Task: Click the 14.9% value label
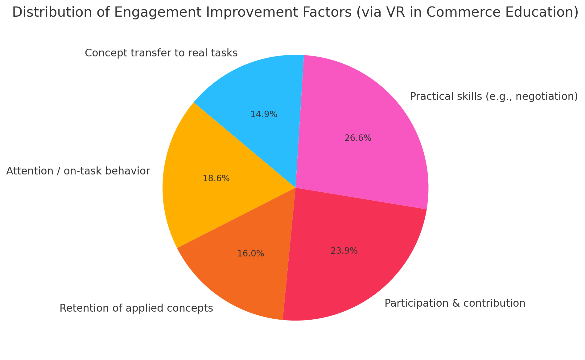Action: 264,115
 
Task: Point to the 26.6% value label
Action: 358,138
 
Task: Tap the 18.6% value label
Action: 216,178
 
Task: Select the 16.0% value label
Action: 251,254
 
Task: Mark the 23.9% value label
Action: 344,251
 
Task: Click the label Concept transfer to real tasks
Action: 161,53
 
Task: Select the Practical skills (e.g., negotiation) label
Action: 493,97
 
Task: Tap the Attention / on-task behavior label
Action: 78,171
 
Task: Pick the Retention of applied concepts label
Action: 136,308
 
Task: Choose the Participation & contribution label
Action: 455,303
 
